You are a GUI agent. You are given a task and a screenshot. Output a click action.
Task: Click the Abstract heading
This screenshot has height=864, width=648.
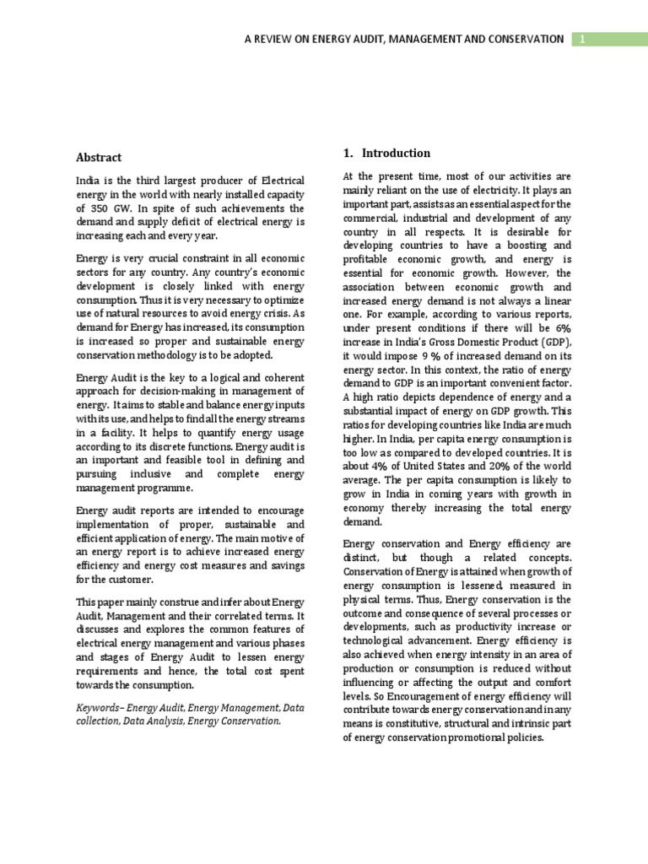(x=99, y=158)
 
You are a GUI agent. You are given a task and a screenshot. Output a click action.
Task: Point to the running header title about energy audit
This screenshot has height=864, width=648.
(x=404, y=39)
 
